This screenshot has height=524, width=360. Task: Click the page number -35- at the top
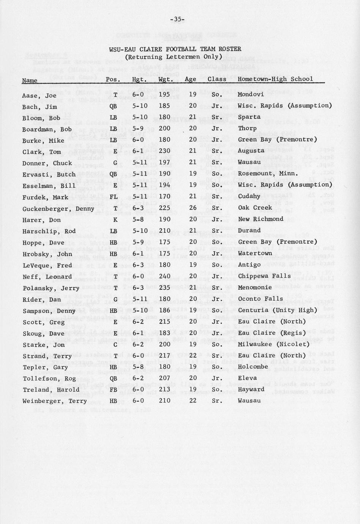click(x=177, y=19)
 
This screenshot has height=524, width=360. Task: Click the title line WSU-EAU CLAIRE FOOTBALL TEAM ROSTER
click(x=175, y=49)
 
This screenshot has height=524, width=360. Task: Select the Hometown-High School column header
click(x=275, y=79)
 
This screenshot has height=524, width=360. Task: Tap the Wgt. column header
click(x=165, y=79)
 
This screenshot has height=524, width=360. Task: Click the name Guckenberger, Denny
click(x=58, y=209)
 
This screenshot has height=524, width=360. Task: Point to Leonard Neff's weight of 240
click(x=164, y=276)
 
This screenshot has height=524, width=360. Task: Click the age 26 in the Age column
click(x=193, y=208)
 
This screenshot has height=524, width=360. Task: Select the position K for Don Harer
click(x=113, y=219)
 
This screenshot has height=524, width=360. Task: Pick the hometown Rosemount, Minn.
click(x=267, y=174)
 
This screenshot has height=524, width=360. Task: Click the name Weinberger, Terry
click(x=55, y=401)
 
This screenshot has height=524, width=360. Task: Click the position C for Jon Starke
click(x=113, y=344)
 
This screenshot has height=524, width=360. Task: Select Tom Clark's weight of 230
click(x=164, y=151)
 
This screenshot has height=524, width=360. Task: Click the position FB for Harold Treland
click(x=113, y=390)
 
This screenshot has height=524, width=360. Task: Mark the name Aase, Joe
click(x=40, y=96)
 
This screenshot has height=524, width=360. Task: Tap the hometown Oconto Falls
click(x=260, y=299)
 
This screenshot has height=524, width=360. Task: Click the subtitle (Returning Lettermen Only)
click(x=174, y=57)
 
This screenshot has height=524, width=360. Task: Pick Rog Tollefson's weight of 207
click(x=164, y=378)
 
